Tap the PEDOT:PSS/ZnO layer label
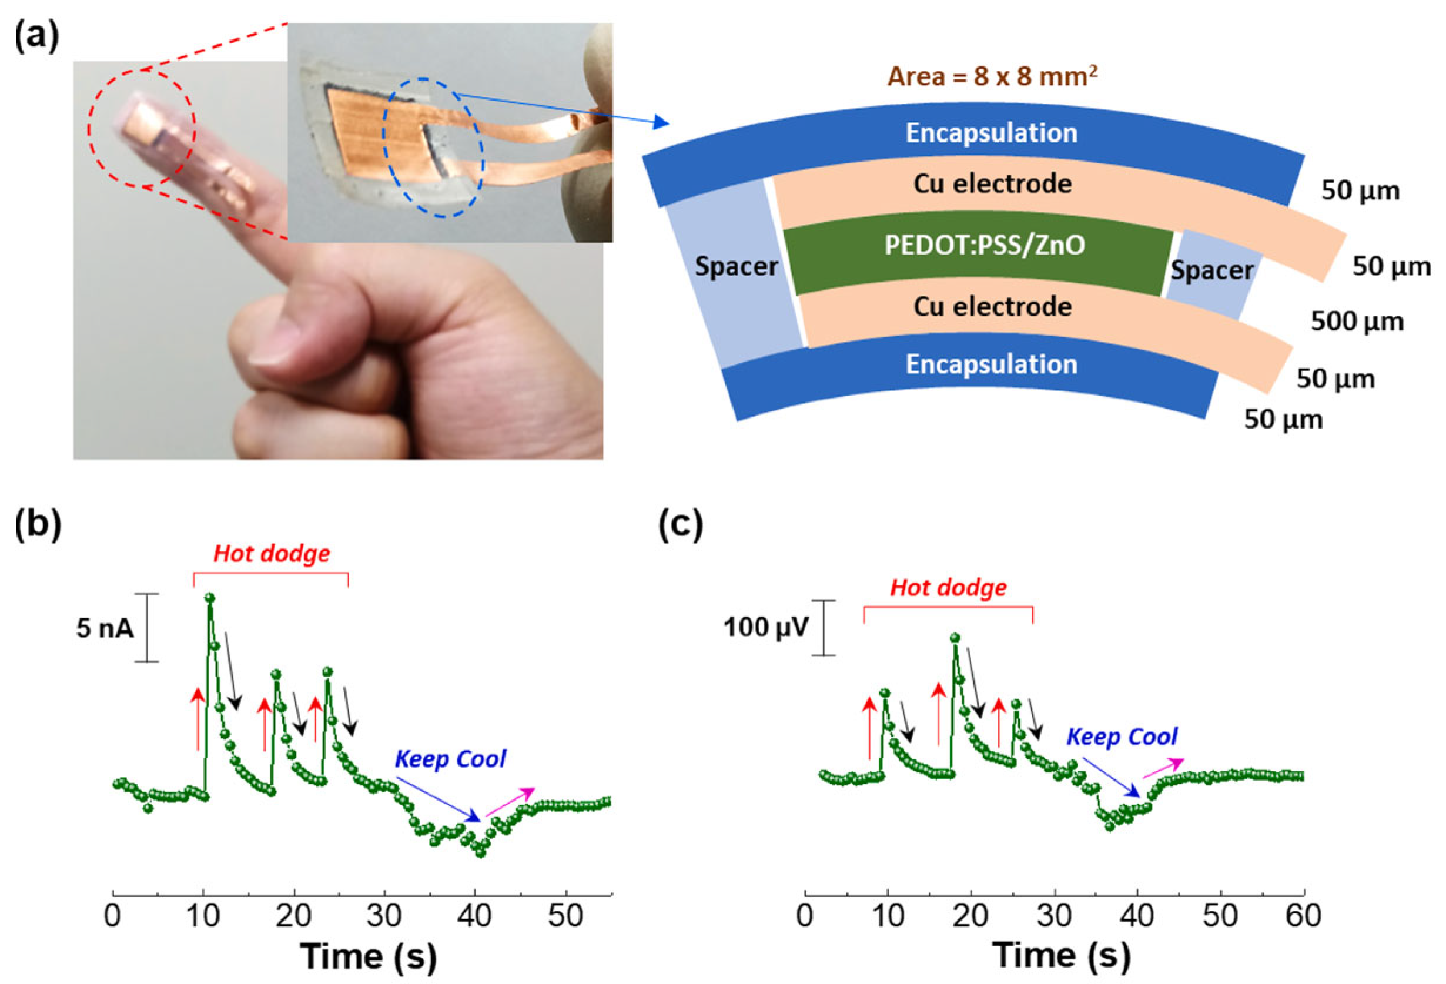point(985,245)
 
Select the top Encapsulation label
point(991,133)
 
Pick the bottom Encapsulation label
point(991,364)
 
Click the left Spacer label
point(736,266)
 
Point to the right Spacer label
point(1212,270)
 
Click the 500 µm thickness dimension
point(1357,322)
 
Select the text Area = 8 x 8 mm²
point(992,76)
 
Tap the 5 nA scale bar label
point(105,628)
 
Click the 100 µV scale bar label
point(765,627)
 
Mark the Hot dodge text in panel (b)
point(272,553)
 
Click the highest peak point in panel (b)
point(210,597)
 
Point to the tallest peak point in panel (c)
point(955,637)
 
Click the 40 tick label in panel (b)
point(475,916)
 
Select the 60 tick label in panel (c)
point(1303,916)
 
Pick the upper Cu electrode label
point(992,184)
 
